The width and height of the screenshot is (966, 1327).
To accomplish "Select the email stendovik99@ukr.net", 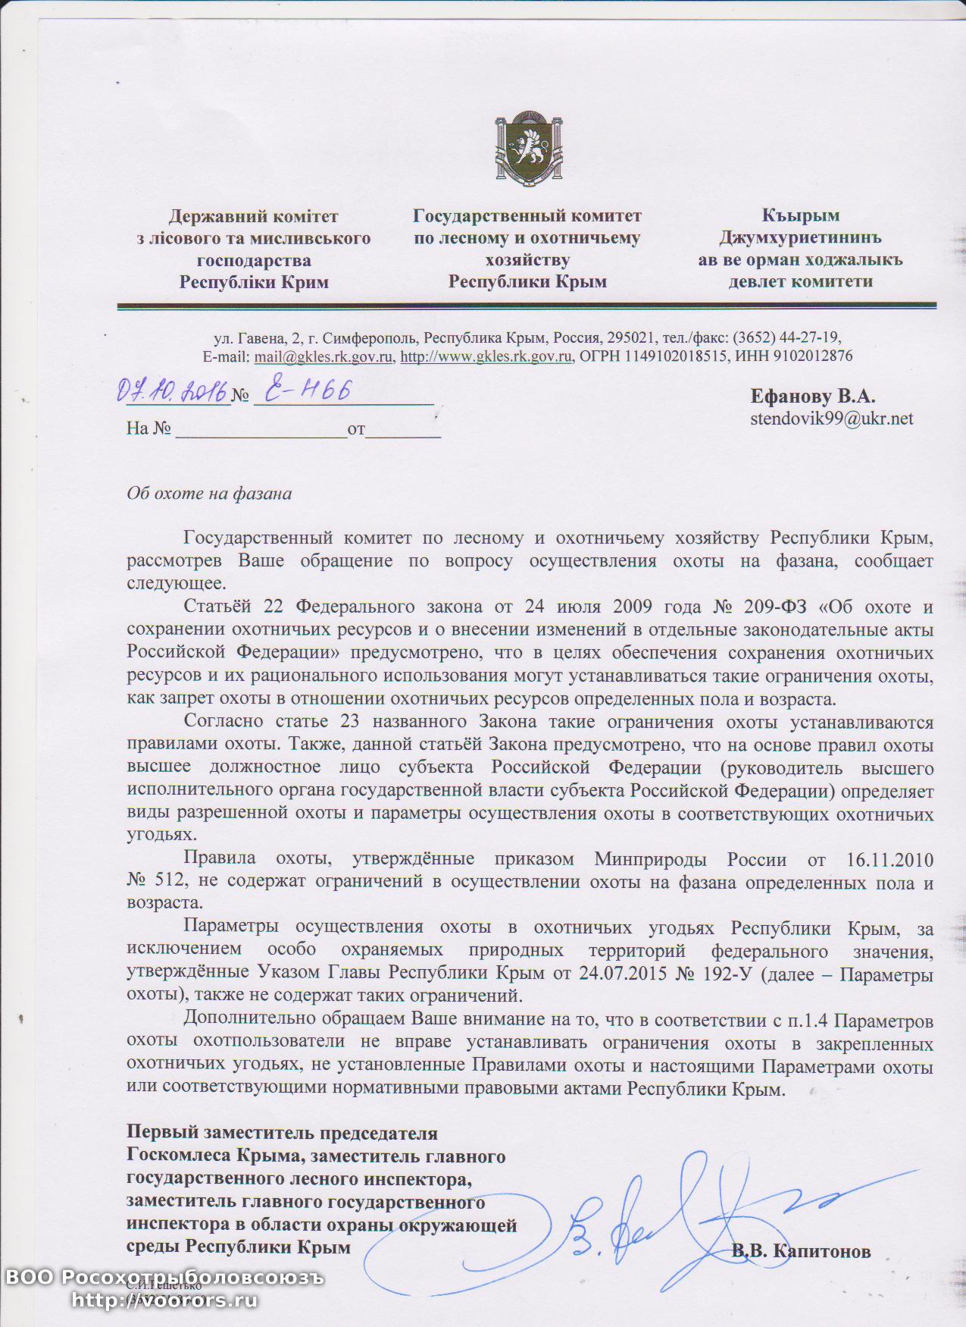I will click(831, 418).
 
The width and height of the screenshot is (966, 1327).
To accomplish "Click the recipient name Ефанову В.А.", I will click(812, 396).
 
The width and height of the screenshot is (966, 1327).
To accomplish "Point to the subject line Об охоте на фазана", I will click(209, 494).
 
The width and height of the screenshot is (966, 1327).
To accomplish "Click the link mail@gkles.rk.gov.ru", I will click(324, 356).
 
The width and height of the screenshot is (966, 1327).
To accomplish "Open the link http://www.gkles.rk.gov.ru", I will click(486, 356).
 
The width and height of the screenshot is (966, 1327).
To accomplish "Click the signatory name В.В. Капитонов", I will click(801, 1251).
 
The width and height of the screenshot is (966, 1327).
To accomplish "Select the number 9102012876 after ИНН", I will click(810, 356).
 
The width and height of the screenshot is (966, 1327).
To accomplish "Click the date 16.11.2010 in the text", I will click(886, 860).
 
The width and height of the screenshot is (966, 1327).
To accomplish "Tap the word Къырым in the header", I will click(800, 216).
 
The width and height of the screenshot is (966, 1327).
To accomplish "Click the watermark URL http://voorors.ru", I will click(164, 1300).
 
